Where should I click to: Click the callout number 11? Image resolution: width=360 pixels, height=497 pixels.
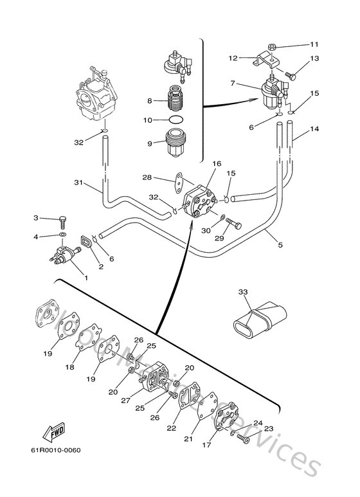click(x=314, y=44)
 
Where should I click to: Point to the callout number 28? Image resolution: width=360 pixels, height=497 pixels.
click(x=147, y=177)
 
